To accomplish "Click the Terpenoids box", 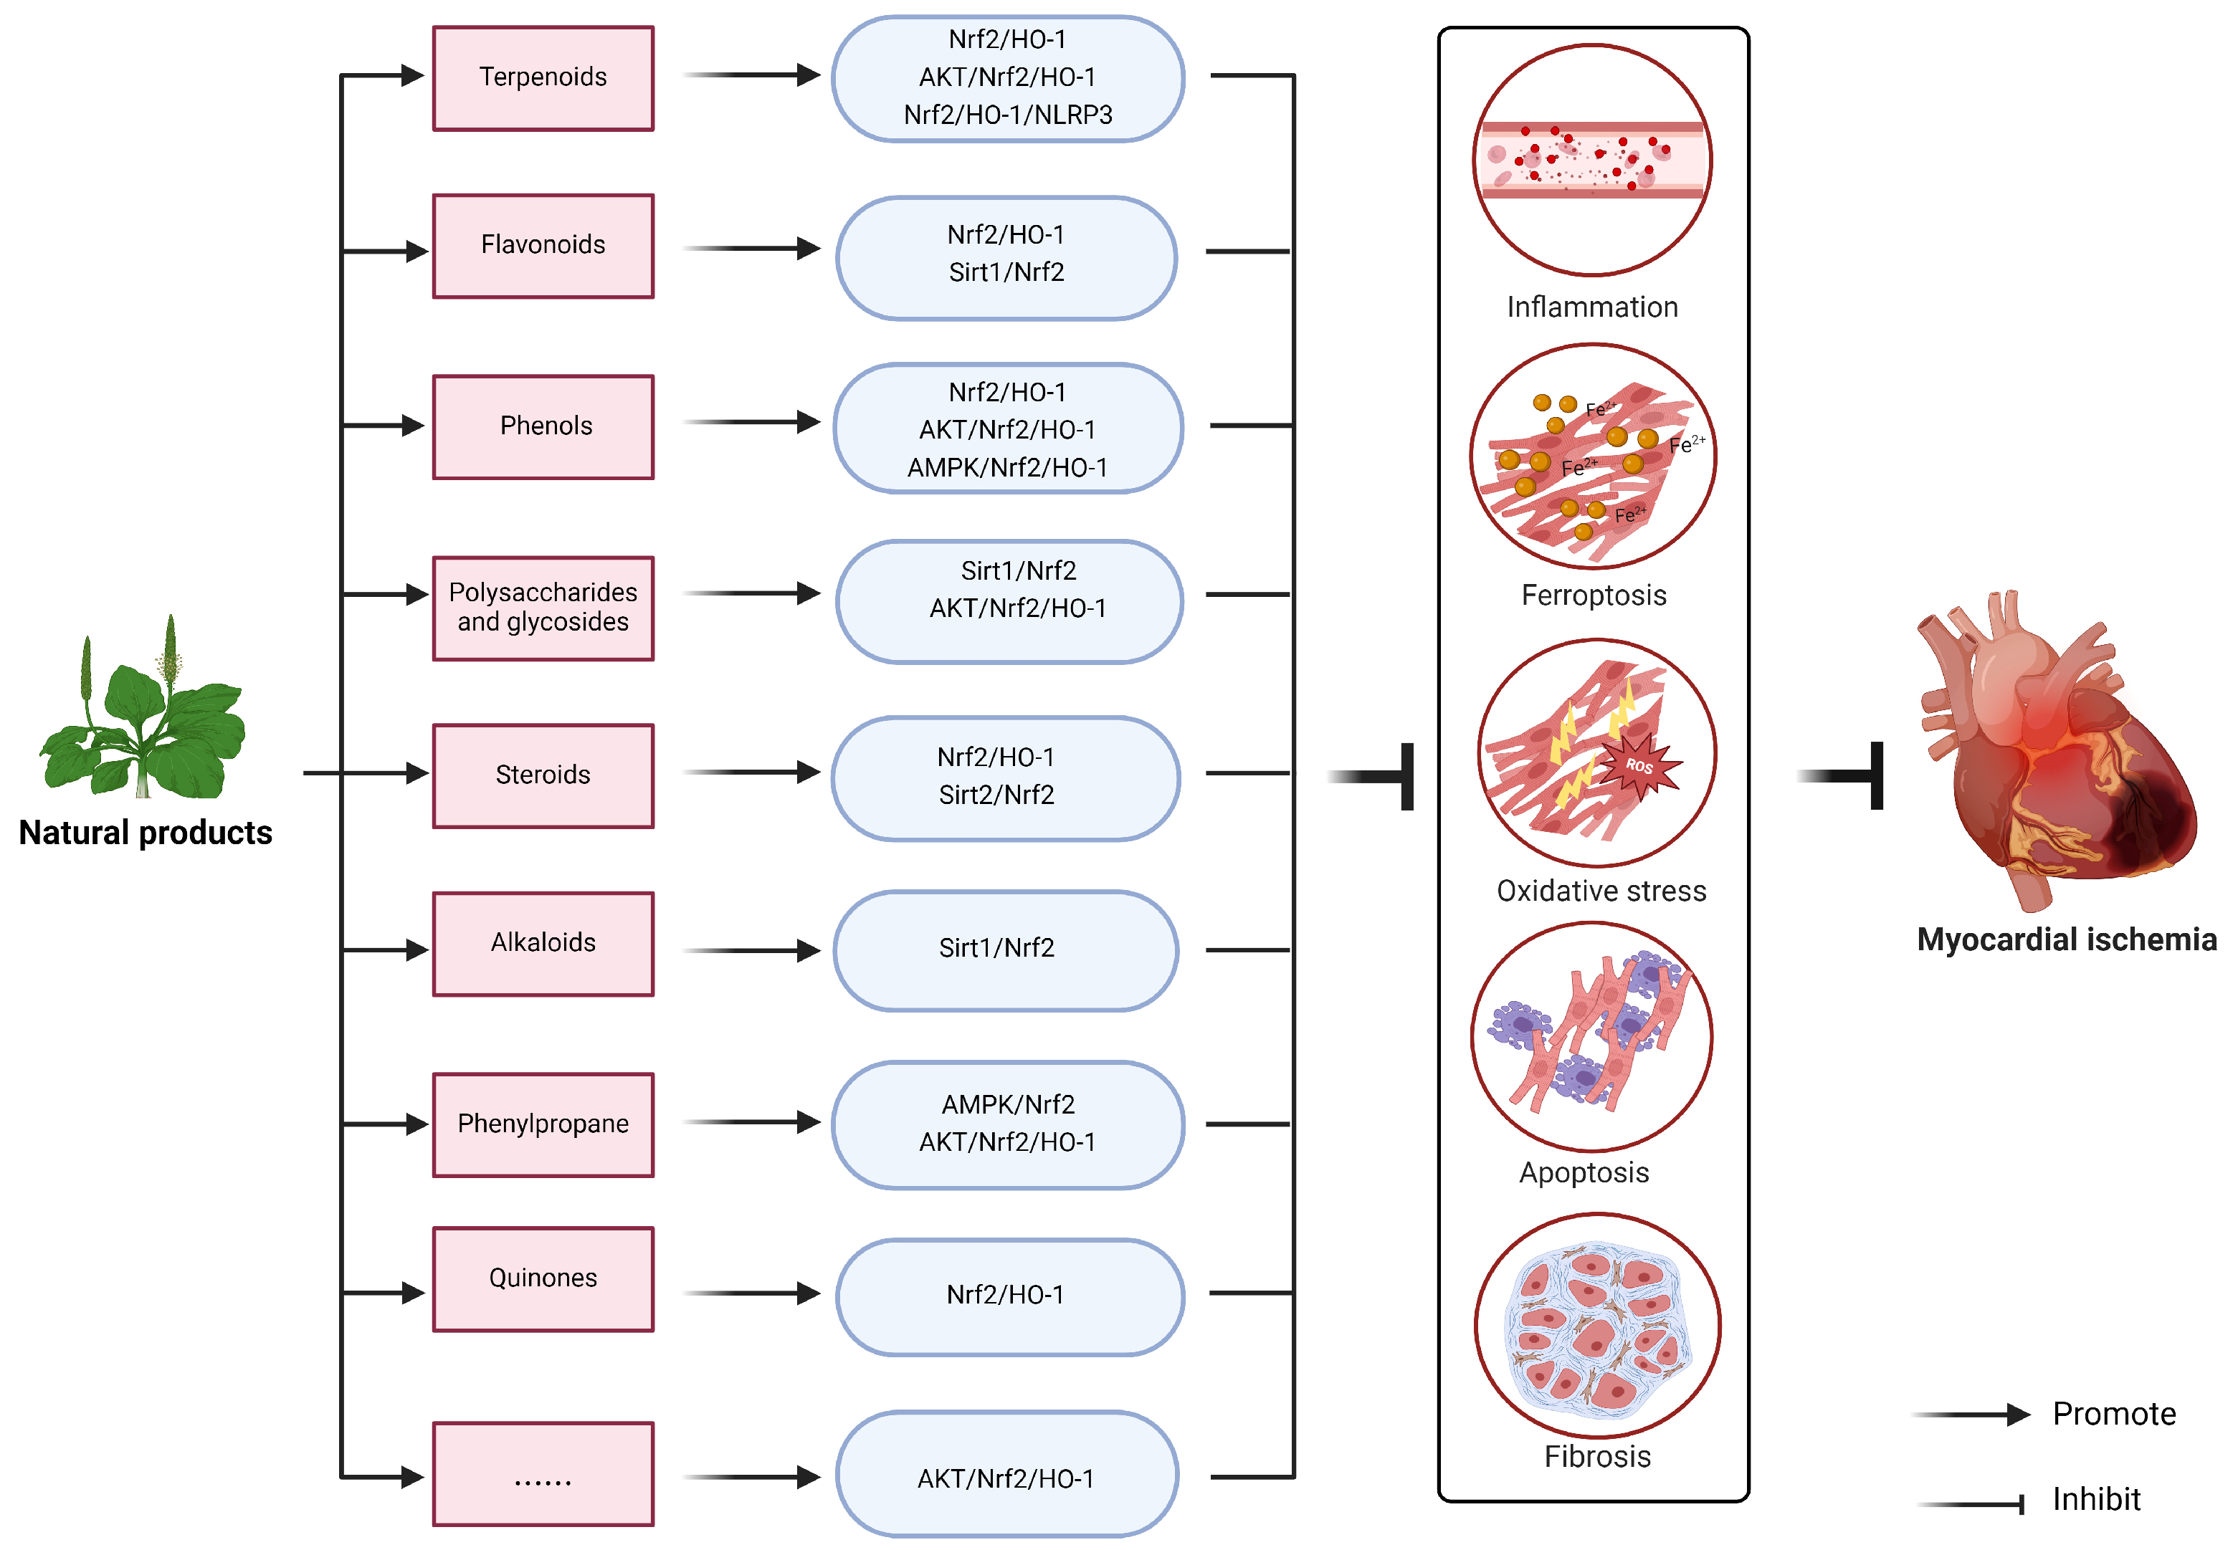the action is [x=543, y=77].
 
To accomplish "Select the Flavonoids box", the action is [x=543, y=246].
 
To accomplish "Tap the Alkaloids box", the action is [x=543, y=943].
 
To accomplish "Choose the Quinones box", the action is [x=543, y=1278].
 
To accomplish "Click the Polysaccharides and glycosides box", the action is [x=543, y=608].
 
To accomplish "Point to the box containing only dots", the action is [x=543, y=1473].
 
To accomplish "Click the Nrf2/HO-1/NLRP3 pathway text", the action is [x=1007, y=115].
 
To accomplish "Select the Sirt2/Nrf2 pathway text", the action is [x=996, y=795].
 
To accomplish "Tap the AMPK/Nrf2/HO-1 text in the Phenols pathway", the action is [x=1007, y=467].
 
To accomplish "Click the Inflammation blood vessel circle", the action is [x=1592, y=161].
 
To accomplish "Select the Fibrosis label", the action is [x=1597, y=1456].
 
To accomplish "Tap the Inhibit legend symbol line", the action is [x=1971, y=1504].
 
